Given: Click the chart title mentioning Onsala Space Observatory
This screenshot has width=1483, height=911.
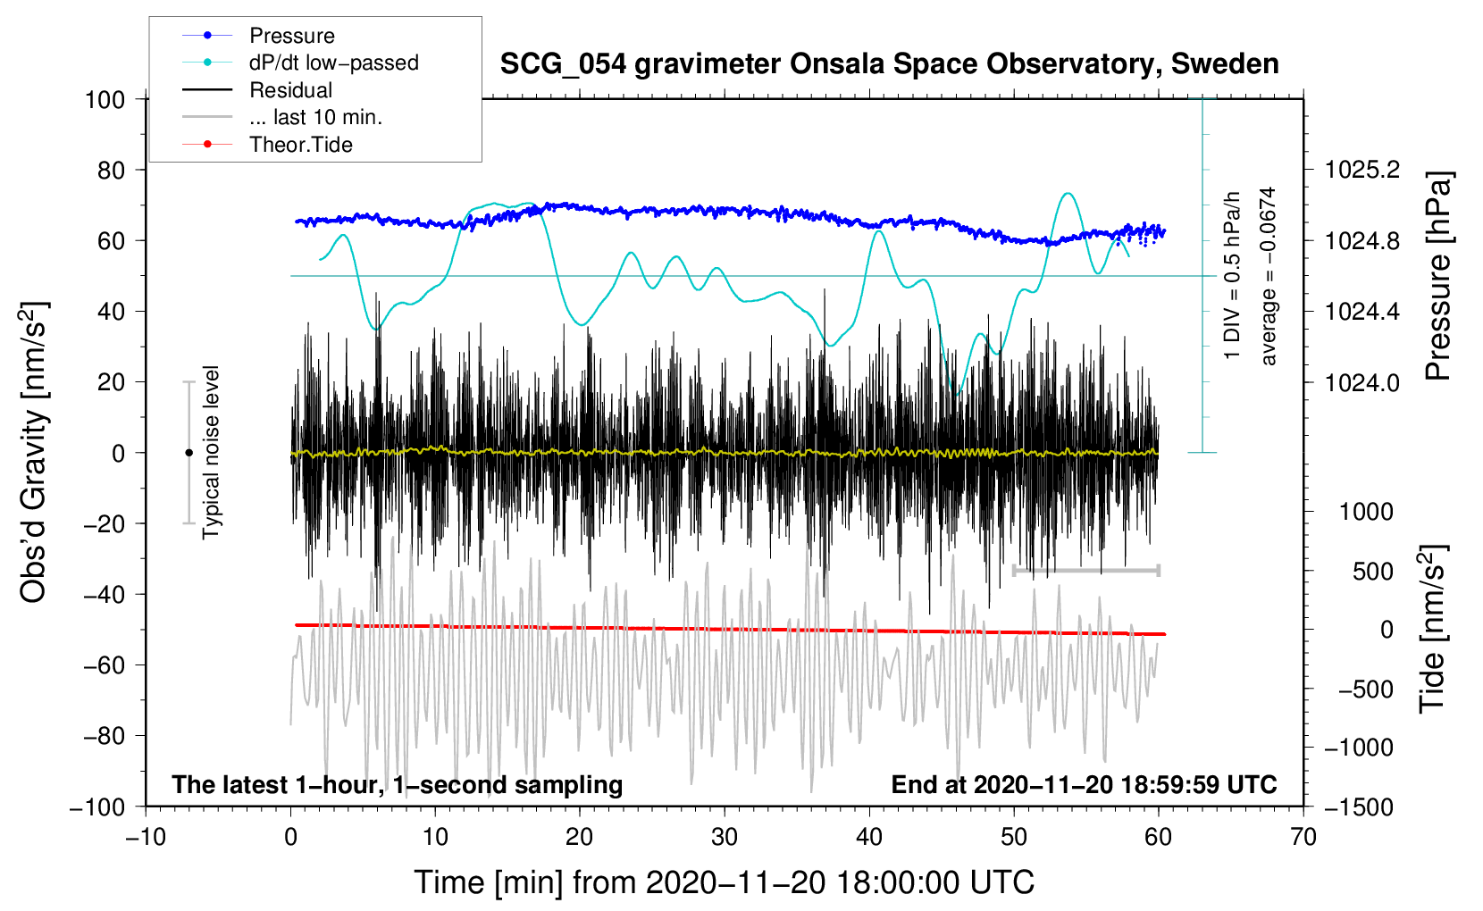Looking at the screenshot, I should click(x=889, y=64).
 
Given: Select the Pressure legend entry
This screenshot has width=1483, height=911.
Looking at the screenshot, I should click(x=291, y=36).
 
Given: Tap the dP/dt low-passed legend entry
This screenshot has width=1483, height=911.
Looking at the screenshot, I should click(x=333, y=63).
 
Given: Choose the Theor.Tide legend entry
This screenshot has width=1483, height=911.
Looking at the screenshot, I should click(x=300, y=145).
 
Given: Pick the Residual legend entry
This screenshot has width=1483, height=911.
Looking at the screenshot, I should click(x=290, y=90).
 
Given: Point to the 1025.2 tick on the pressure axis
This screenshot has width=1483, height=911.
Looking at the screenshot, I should click(x=1362, y=170).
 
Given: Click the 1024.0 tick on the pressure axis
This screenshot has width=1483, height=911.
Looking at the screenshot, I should click(x=1362, y=382).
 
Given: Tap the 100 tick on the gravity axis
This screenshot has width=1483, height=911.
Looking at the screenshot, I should click(x=105, y=99).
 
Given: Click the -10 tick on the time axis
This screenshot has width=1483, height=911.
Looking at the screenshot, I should click(x=146, y=837).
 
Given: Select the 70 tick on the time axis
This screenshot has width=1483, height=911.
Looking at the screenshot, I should click(x=1303, y=837).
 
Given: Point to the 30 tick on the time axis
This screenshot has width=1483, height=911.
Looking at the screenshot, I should click(x=725, y=837).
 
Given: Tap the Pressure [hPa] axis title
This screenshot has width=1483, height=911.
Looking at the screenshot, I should click(x=1437, y=276).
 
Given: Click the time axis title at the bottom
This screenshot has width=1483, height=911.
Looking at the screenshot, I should click(x=724, y=882).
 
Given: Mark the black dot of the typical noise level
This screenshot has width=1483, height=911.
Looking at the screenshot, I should click(x=189, y=453).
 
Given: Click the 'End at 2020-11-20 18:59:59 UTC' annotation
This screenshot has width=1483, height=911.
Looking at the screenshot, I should click(x=1084, y=784).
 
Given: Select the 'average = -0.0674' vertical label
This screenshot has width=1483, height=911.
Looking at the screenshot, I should click(x=1268, y=276).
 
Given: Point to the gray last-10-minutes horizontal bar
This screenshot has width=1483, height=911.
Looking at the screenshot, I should click(x=1085, y=570).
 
